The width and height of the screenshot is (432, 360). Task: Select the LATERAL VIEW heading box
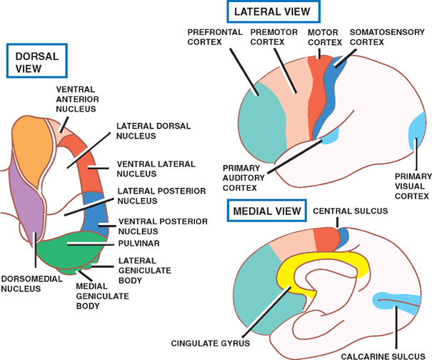click(x=272, y=13)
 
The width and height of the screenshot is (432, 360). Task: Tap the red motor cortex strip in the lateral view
click(x=318, y=100)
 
